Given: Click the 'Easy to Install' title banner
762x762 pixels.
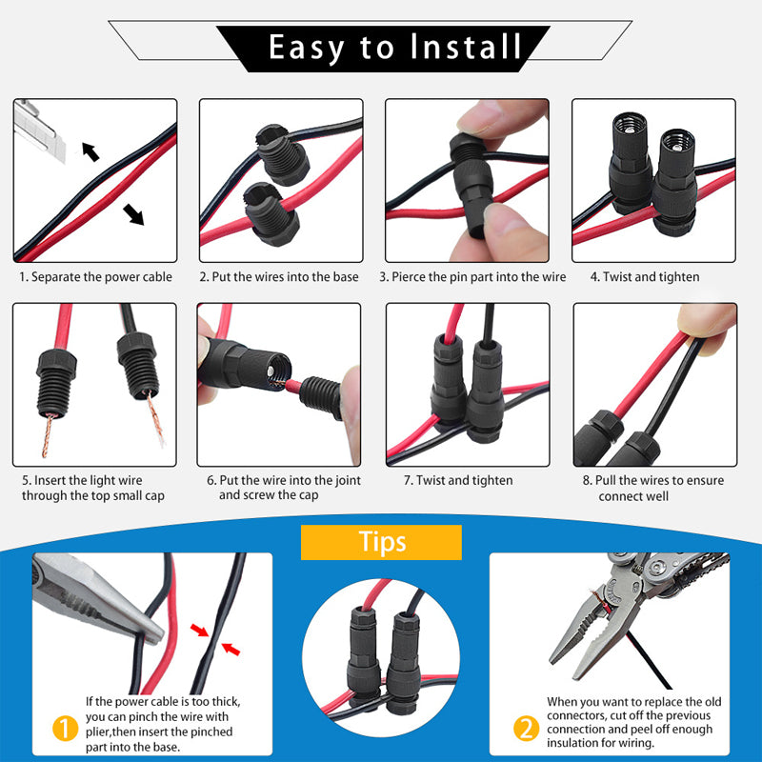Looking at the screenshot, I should point(382,47).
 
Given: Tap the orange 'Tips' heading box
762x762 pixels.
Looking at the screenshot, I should point(381,542).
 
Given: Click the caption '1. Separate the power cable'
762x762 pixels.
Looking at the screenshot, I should point(96,277).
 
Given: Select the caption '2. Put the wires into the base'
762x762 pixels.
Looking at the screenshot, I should point(279,277).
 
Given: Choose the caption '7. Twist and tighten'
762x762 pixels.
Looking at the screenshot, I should point(465,480).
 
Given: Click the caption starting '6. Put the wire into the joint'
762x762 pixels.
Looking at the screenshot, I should point(283,488).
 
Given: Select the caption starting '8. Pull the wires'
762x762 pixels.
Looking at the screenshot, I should point(652,488).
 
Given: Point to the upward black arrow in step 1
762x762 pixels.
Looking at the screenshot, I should point(90,150).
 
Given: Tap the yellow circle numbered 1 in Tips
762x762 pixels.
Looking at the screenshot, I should point(64,729).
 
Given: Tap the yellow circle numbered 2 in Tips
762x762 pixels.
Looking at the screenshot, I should point(526,729).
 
